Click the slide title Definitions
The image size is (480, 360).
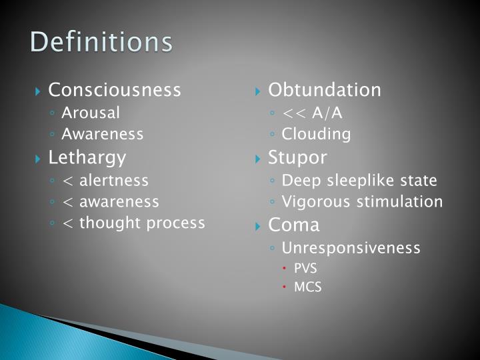[x=101, y=41]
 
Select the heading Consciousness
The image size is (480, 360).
[x=115, y=90]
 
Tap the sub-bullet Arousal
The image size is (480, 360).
[x=91, y=113]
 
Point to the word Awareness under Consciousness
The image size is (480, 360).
[x=103, y=134]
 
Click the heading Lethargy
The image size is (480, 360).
[x=87, y=158]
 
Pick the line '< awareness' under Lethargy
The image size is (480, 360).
[x=110, y=201]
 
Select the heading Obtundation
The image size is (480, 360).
[x=325, y=90]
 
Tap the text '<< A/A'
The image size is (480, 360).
[x=312, y=113]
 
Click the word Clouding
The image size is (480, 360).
[x=316, y=134]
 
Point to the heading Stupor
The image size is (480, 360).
[x=297, y=158]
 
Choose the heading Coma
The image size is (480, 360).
[x=294, y=225]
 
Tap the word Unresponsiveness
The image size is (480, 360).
[x=351, y=248]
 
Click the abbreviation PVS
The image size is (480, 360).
[x=305, y=268]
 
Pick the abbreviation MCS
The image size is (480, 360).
[x=307, y=288]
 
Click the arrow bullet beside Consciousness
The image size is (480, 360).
[x=39, y=91]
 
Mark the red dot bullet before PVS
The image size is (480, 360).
[x=284, y=269]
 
